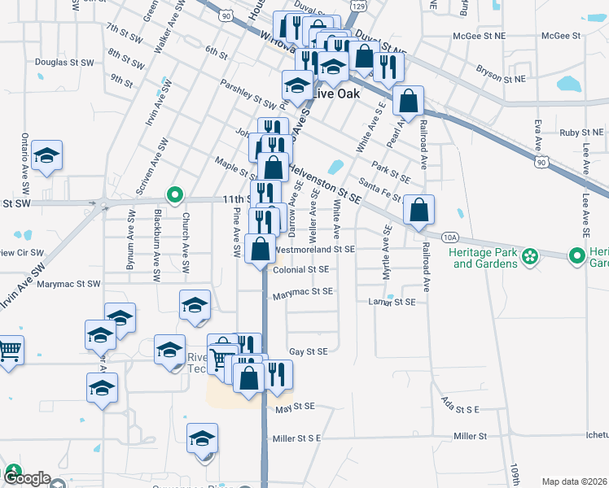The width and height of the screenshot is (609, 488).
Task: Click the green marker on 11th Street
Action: pyautogui.click(x=173, y=194)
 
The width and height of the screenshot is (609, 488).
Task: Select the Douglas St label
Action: pyautogui.click(x=56, y=62)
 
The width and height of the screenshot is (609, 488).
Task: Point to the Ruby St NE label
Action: pyautogui.click(x=581, y=132)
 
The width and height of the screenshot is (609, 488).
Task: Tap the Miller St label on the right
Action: pyautogui.click(x=471, y=437)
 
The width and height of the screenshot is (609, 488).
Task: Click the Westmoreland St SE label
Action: pyautogui.click(x=315, y=250)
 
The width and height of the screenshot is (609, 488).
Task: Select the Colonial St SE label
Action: pyautogui.click(x=300, y=270)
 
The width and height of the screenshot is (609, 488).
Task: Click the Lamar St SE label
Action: pyautogui.click(x=392, y=302)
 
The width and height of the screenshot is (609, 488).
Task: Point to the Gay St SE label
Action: pyautogui.click(x=309, y=351)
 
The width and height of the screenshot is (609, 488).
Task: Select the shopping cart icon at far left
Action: pyautogui.click(x=9, y=351)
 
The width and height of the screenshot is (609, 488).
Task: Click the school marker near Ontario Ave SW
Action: pyautogui.click(x=47, y=156)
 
